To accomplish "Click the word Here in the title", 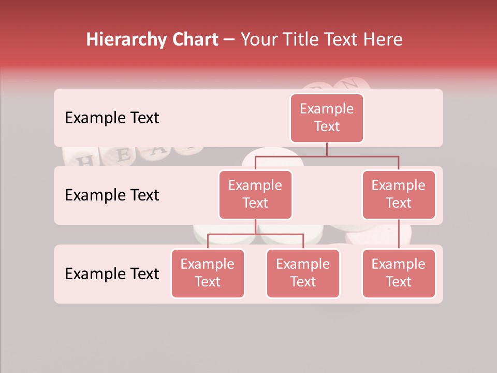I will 382,40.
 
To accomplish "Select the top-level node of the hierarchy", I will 327,118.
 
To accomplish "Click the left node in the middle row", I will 255,194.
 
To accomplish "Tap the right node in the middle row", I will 399,194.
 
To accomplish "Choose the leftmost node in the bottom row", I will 208,273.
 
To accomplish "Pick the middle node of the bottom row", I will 303,273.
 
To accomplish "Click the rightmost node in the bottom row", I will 399,273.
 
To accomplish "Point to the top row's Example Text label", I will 112,118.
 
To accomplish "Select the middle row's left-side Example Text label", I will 112,195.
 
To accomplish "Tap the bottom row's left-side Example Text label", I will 112,274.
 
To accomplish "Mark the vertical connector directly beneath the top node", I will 327,149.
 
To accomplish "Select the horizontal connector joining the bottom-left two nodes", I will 255,234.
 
